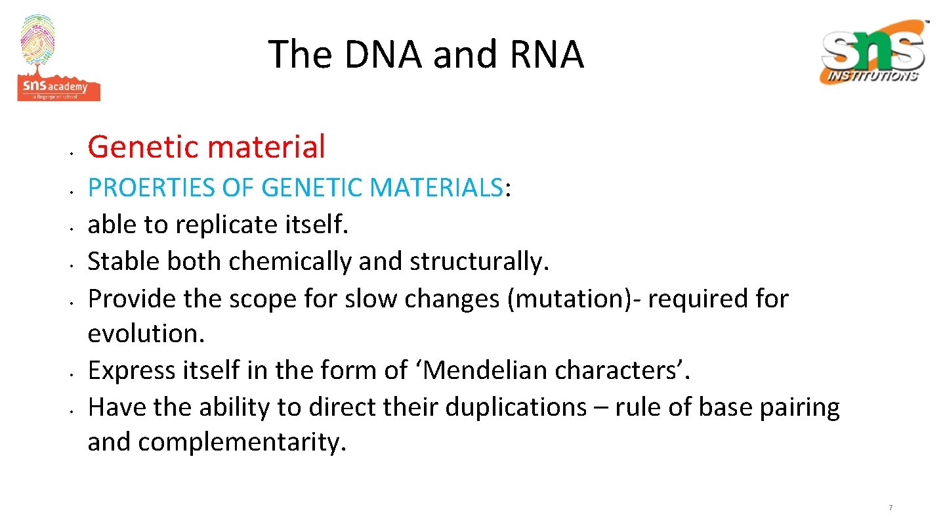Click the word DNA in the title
[383, 54]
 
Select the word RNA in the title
[546, 54]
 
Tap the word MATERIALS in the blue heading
[436, 188]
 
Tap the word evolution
[146, 334]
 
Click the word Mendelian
[485, 370]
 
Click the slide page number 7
[891, 508]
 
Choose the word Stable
[123, 261]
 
